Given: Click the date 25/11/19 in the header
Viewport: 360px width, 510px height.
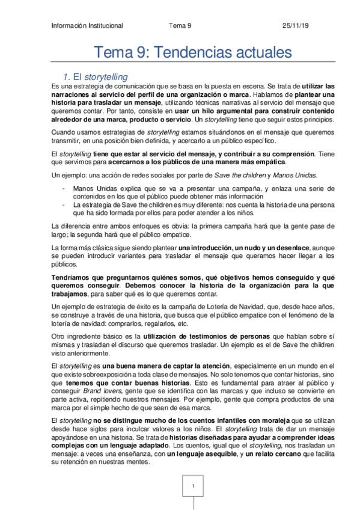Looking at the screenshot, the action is [295, 26].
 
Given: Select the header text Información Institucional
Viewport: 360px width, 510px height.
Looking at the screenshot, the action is [88, 26].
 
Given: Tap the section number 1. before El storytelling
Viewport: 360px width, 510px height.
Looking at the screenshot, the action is [67, 77].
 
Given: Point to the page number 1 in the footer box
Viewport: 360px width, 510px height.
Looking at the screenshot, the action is [193, 485].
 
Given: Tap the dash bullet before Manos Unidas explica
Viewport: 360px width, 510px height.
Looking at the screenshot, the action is [64, 188].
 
